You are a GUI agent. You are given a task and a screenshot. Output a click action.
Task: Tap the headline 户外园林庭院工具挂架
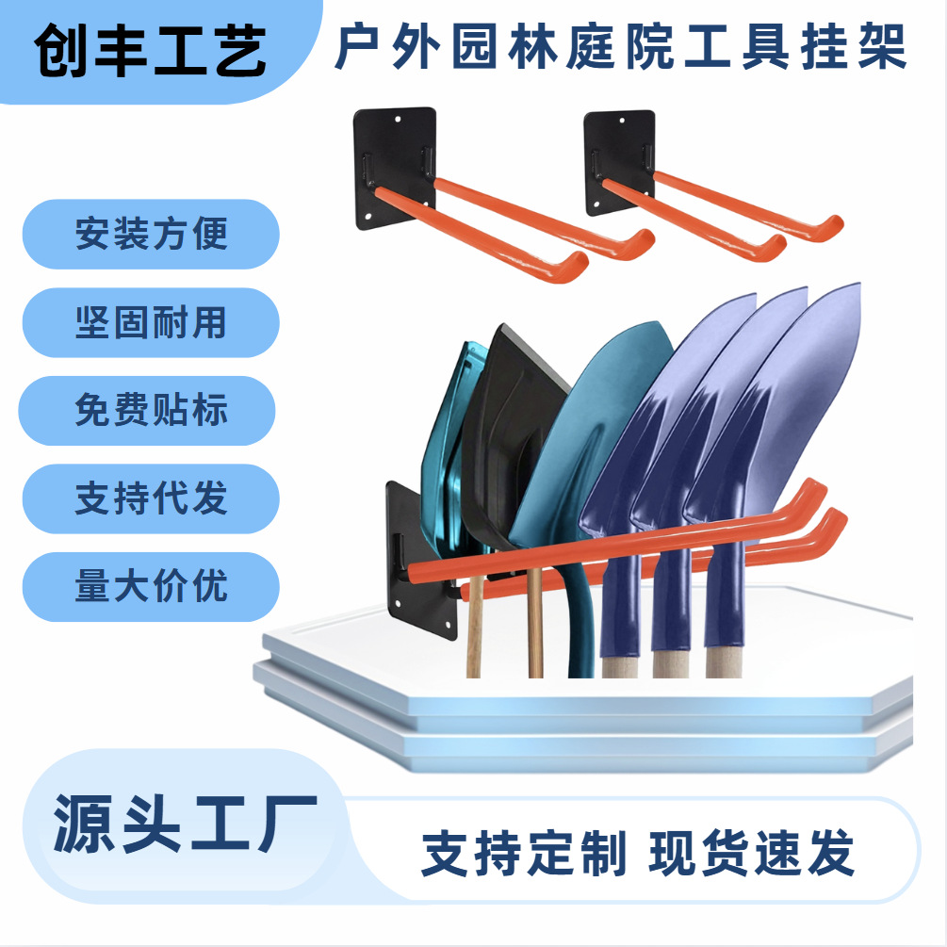point(622,49)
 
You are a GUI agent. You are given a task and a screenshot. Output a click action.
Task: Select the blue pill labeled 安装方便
point(151,234)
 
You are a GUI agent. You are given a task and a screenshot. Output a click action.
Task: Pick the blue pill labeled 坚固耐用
point(151,322)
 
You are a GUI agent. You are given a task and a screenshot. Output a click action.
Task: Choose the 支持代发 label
point(151,498)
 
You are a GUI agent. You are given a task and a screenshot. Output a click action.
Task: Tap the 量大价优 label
point(151,586)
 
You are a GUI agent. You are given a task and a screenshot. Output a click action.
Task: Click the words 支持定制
point(523,855)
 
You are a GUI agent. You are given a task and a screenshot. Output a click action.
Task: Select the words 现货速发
point(752,855)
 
